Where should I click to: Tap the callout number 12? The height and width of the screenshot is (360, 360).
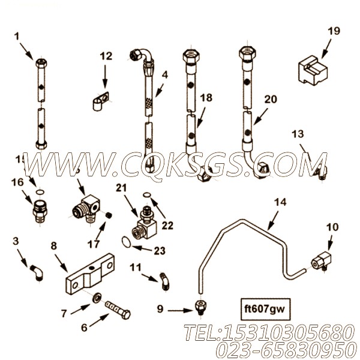105,56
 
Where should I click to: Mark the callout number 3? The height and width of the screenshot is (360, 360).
16,241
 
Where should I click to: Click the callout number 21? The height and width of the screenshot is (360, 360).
122,188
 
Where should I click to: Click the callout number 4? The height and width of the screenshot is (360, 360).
164,76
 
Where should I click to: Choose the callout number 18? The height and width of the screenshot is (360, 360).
206,98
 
